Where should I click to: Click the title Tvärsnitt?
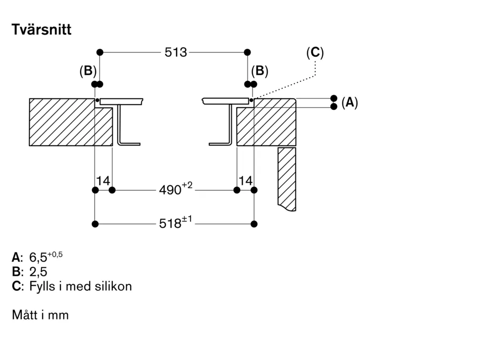[x=42, y=30]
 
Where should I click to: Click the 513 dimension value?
[x=176, y=52]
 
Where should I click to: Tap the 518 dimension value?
[x=170, y=224]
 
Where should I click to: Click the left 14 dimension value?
[x=103, y=181]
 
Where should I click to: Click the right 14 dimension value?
[x=246, y=181]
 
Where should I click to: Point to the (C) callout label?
[x=315, y=52]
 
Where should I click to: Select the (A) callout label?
[x=349, y=103]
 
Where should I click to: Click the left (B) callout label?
[x=88, y=71]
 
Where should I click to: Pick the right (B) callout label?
[x=259, y=71]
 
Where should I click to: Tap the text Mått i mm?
[x=40, y=315]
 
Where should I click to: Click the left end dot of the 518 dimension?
[x=95, y=224]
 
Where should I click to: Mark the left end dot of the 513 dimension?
[x=99, y=52]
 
